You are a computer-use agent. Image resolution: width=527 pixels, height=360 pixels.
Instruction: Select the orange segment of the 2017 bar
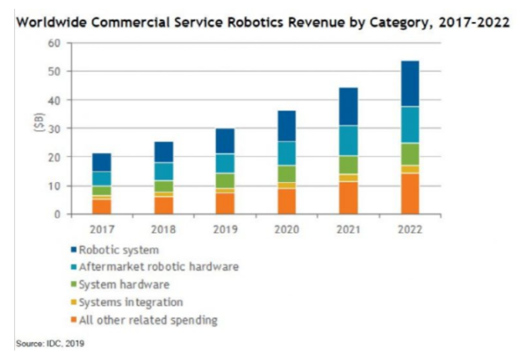coord(101,206)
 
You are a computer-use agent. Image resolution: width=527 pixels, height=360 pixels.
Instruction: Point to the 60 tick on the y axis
coord(54,43)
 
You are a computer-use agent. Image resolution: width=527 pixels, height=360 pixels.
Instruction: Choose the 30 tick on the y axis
coord(54,129)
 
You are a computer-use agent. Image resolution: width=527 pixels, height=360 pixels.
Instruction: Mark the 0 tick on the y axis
coord(58,215)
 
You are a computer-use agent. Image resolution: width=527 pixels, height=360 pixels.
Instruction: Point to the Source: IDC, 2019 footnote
coord(50,345)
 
